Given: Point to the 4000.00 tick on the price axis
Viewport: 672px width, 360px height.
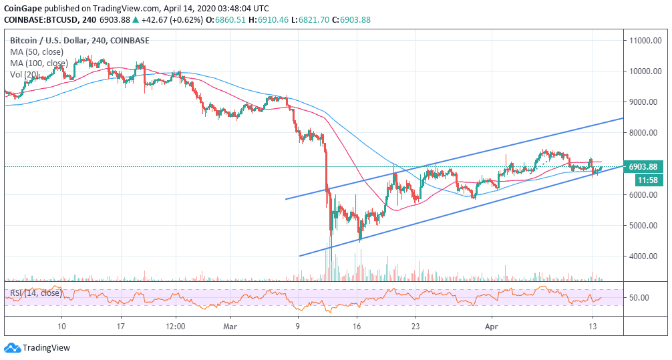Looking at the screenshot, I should pyautogui.click(x=645, y=256).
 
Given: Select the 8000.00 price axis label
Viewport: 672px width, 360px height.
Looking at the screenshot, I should pyautogui.click(x=645, y=133).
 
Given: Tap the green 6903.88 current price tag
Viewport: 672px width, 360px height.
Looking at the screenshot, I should pyautogui.click(x=644, y=167).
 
